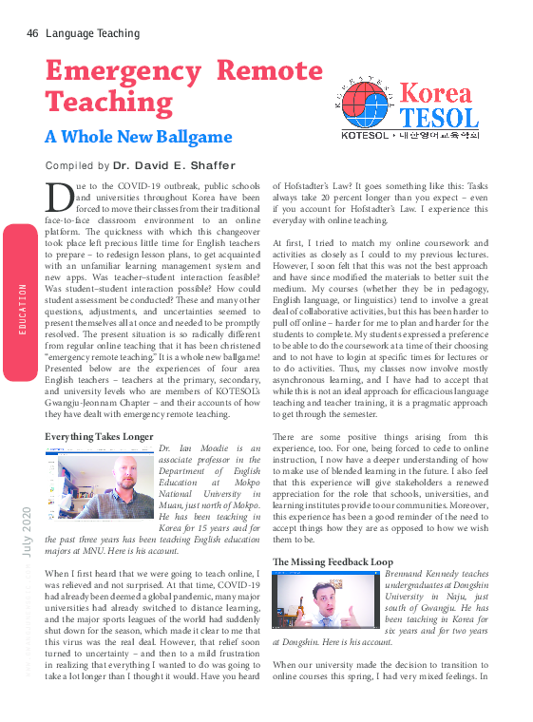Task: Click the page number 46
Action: click(32, 33)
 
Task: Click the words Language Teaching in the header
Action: click(93, 33)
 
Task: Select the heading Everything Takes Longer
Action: click(99, 437)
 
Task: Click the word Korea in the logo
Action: click(435, 93)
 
